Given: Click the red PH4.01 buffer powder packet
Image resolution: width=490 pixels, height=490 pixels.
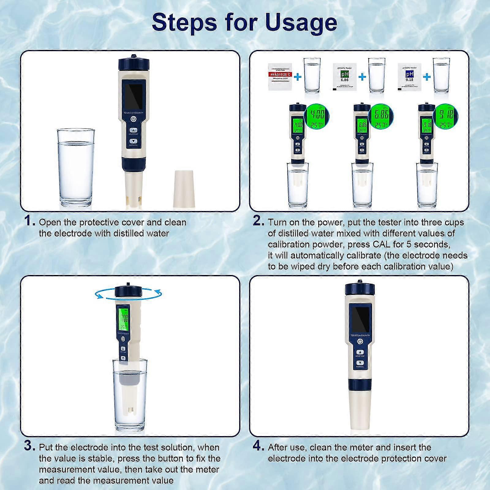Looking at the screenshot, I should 280,77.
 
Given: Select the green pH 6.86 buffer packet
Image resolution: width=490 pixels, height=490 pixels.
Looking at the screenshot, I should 345,77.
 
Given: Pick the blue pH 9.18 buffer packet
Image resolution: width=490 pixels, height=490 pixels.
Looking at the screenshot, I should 409,77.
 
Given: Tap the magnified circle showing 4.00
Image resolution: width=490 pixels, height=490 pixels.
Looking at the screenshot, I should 317,117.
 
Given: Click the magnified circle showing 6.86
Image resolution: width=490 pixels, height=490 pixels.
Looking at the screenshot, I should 381,117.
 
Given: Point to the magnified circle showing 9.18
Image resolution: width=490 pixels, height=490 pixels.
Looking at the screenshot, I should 446,117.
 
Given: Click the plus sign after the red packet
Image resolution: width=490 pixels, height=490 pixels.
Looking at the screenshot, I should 297,77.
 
